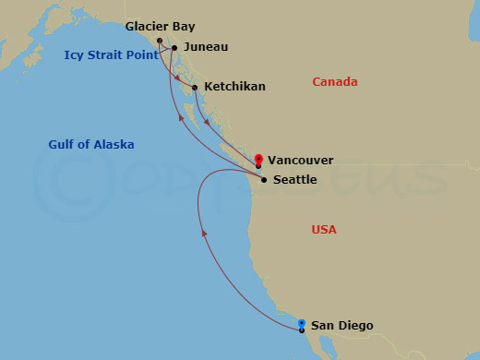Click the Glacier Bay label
pos(160,27)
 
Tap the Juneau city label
pos(205,46)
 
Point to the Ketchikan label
pos(234,87)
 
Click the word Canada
pos(334,82)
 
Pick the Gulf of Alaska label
pos(91,144)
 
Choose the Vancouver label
pos(301,160)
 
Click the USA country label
pos(324,229)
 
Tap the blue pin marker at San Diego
pos(302,323)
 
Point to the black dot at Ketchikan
pos(195,88)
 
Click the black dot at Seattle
pos(264,180)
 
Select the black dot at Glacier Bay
pos(160,41)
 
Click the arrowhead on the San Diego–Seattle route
pos(204,234)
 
